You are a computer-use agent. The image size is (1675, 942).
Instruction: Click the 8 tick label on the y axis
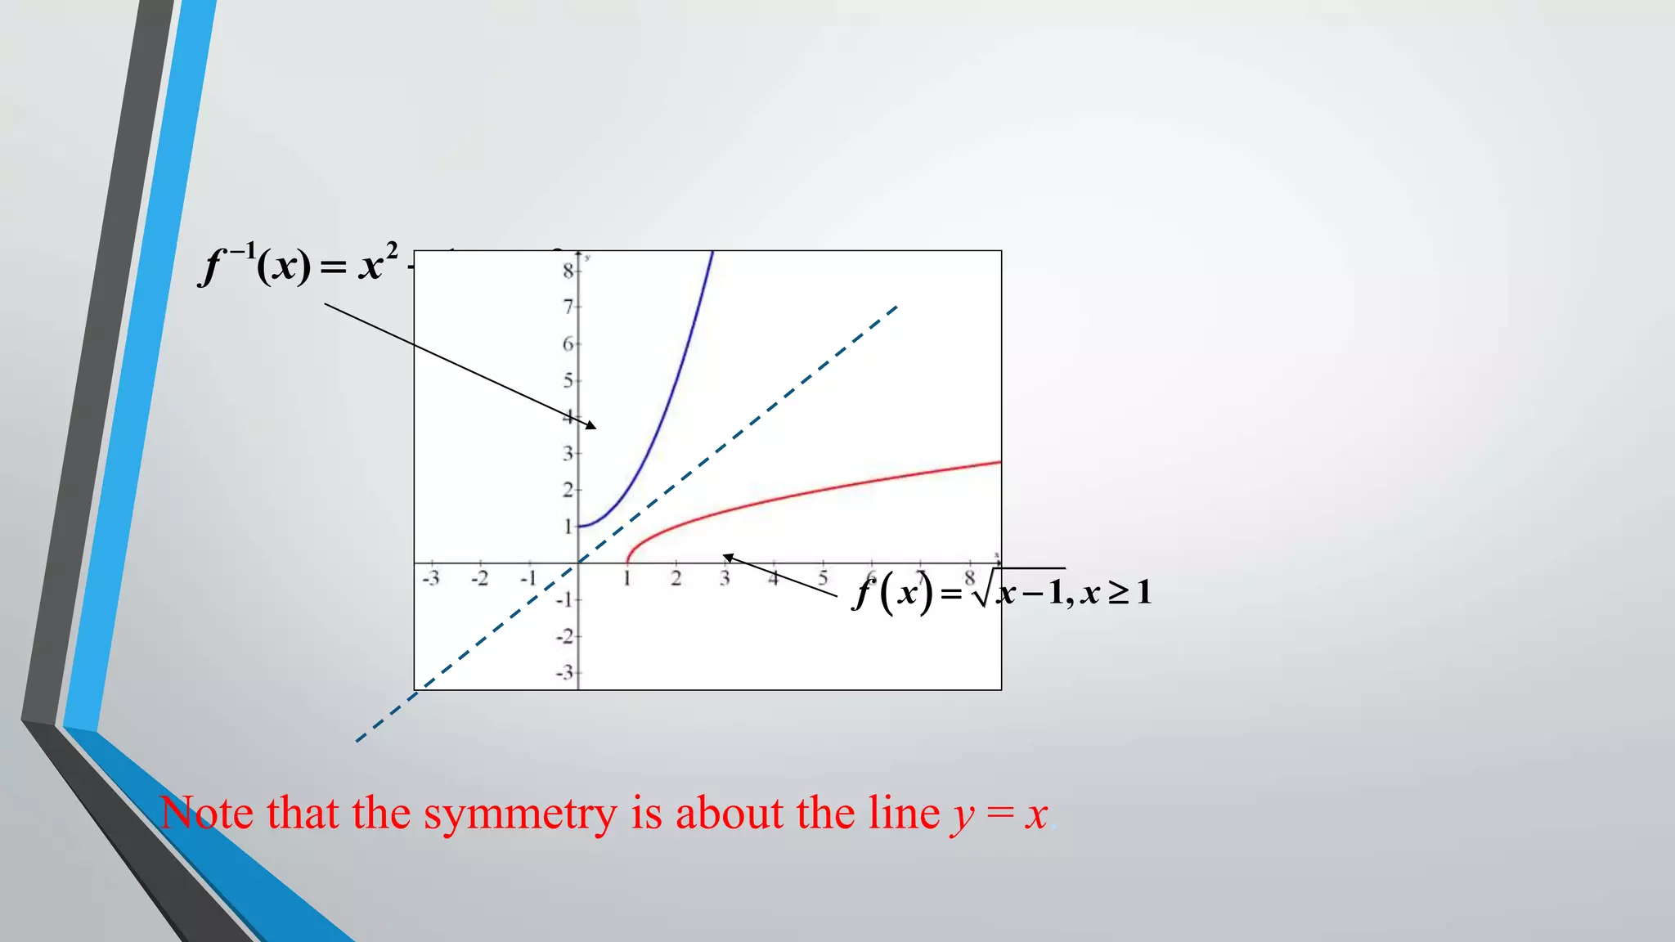(x=568, y=271)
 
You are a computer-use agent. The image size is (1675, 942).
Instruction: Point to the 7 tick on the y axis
(x=568, y=307)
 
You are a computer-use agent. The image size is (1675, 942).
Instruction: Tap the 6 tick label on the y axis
(x=568, y=344)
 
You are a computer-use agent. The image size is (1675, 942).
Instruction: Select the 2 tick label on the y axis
(x=568, y=490)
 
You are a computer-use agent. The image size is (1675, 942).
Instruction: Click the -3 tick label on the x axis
(x=430, y=579)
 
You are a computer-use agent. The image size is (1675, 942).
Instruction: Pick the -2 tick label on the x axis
(x=479, y=579)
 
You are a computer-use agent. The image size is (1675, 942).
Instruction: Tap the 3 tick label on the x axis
(x=725, y=579)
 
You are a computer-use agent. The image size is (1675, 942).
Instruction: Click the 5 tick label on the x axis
(x=823, y=579)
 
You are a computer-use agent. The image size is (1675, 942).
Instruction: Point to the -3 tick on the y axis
(x=565, y=673)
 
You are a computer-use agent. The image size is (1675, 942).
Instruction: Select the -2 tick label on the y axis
(x=565, y=636)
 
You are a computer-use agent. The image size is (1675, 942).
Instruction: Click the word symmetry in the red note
(x=520, y=814)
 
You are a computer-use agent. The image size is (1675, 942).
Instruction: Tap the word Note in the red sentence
(x=207, y=813)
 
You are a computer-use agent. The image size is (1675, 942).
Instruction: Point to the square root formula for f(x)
(x=1003, y=591)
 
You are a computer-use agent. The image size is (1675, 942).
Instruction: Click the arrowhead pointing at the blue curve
(x=591, y=425)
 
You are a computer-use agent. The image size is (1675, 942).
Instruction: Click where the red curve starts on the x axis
(x=627, y=563)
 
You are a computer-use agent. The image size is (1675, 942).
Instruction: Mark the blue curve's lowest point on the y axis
(x=579, y=526)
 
